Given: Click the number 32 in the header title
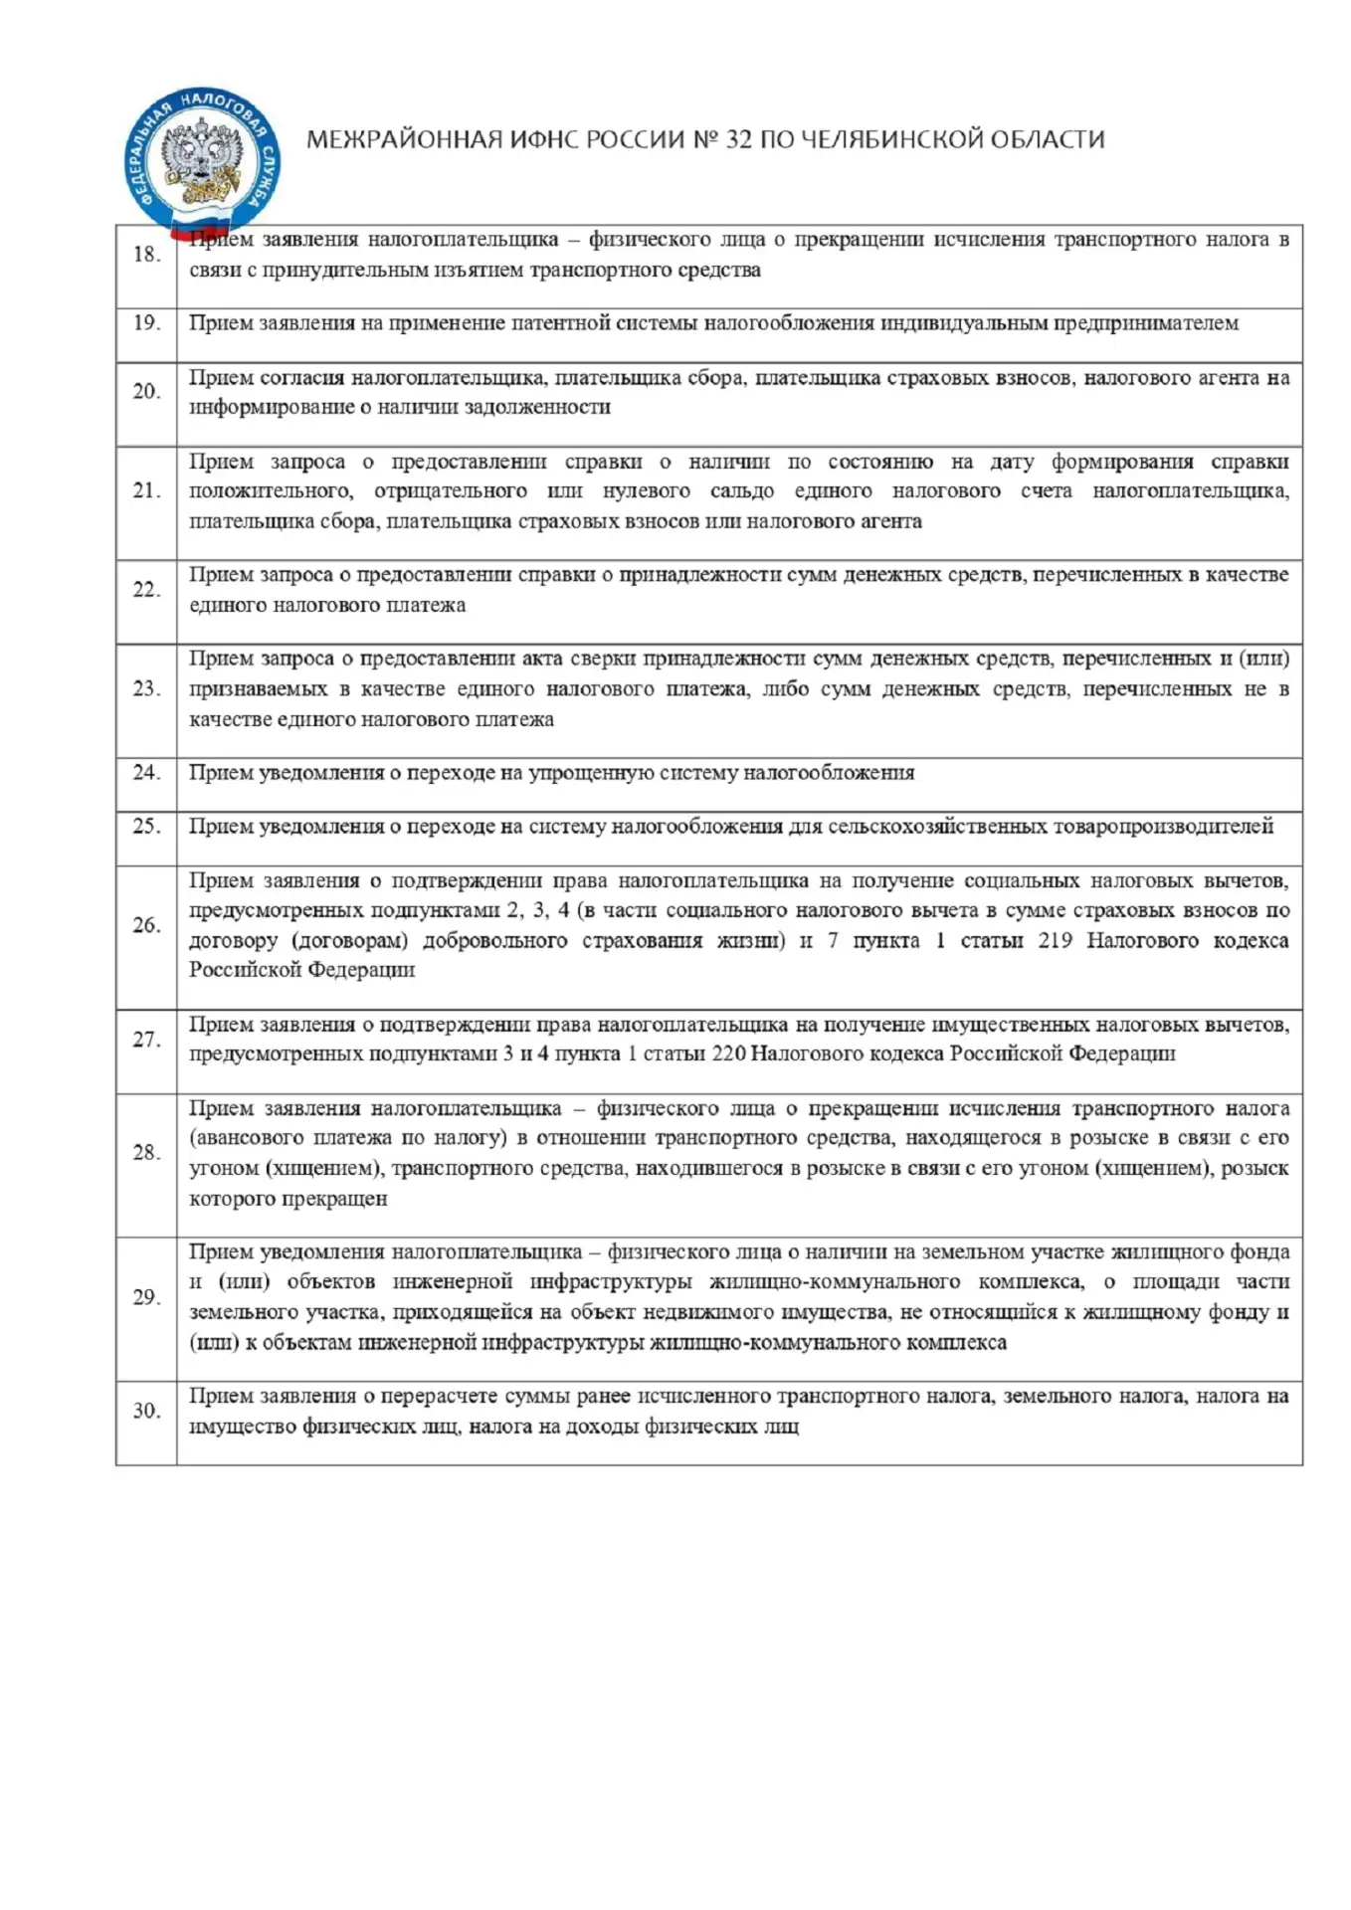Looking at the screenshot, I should pos(739,139).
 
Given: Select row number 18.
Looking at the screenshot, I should pos(147,255).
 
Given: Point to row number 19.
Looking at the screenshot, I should pos(147,323).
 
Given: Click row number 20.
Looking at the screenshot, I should pos(147,392).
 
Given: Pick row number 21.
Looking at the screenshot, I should pos(147,490).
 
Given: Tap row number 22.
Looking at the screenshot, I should pos(147,590).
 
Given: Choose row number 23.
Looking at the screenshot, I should pos(147,688).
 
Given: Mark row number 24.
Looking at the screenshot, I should pos(147,773).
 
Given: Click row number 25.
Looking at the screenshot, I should pos(147,827).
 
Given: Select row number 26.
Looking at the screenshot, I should pos(147,925).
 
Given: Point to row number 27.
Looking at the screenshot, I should pos(147,1040).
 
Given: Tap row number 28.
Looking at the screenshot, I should pos(147,1153).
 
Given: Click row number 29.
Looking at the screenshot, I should pos(147,1297).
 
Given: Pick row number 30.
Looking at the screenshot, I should pos(147,1411).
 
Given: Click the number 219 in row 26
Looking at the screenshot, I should pos(1055,941).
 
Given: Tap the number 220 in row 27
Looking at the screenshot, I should pos(729,1054).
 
